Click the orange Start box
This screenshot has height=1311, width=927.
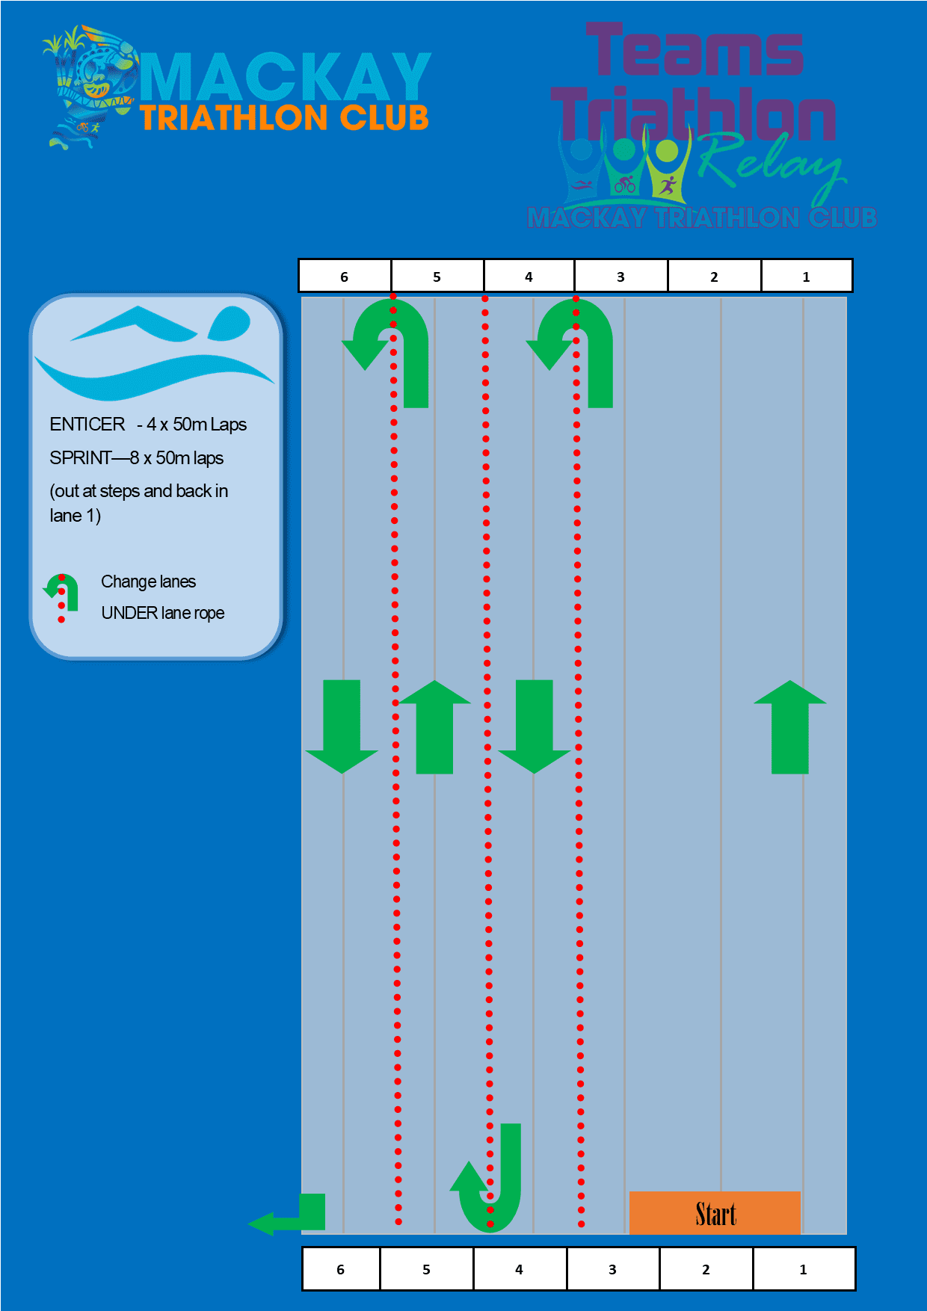(715, 1212)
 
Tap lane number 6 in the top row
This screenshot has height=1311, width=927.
(344, 277)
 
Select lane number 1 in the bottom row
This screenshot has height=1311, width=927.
(803, 1269)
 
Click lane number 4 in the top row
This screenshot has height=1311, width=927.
(529, 277)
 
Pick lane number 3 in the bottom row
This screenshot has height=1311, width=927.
(612, 1269)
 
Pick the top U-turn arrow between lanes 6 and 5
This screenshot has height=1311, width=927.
(392, 344)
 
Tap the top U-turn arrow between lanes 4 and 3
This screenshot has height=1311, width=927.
(577, 344)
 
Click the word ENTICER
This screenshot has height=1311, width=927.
(87, 425)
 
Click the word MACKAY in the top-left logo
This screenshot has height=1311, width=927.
(285, 77)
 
